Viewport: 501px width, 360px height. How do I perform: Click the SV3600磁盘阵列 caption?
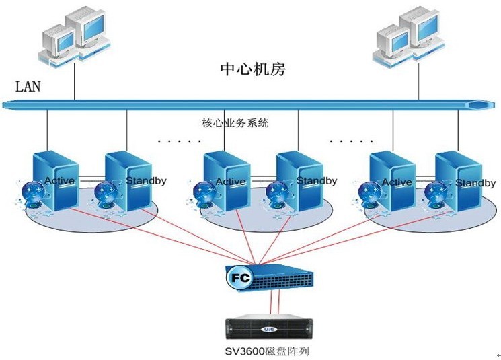coord(267,351)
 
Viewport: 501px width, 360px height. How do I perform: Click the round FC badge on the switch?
coord(239,277)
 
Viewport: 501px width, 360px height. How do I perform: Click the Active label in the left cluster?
coord(59,181)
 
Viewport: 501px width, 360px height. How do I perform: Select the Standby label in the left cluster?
coord(146,181)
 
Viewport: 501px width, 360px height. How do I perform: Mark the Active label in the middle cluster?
coord(231,182)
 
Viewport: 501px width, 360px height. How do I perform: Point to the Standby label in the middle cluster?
coord(317,181)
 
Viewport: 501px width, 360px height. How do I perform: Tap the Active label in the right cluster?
coord(397,182)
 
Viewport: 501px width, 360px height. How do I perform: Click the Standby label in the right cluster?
coord(475,183)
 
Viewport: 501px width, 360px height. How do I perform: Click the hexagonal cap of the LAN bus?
coord(478,105)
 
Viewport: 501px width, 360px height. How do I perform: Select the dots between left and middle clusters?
coord(179,142)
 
